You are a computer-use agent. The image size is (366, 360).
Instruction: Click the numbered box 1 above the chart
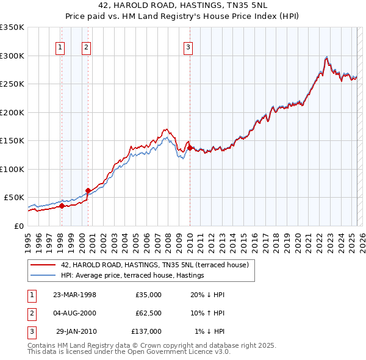[x=61, y=48]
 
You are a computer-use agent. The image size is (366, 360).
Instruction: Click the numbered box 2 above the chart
[x=87, y=48]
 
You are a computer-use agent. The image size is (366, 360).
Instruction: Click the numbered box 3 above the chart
[x=188, y=48]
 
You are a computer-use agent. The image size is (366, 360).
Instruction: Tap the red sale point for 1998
[x=62, y=206]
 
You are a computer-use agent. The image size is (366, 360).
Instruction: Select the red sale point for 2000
[x=88, y=190]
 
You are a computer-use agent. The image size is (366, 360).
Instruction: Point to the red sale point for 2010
[x=190, y=148]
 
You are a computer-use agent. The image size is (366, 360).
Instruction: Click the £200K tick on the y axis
[x=12, y=112]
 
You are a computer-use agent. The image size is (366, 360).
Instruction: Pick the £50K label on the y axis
[x=15, y=198]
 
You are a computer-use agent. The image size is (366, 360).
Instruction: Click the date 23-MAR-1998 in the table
[x=75, y=295]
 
